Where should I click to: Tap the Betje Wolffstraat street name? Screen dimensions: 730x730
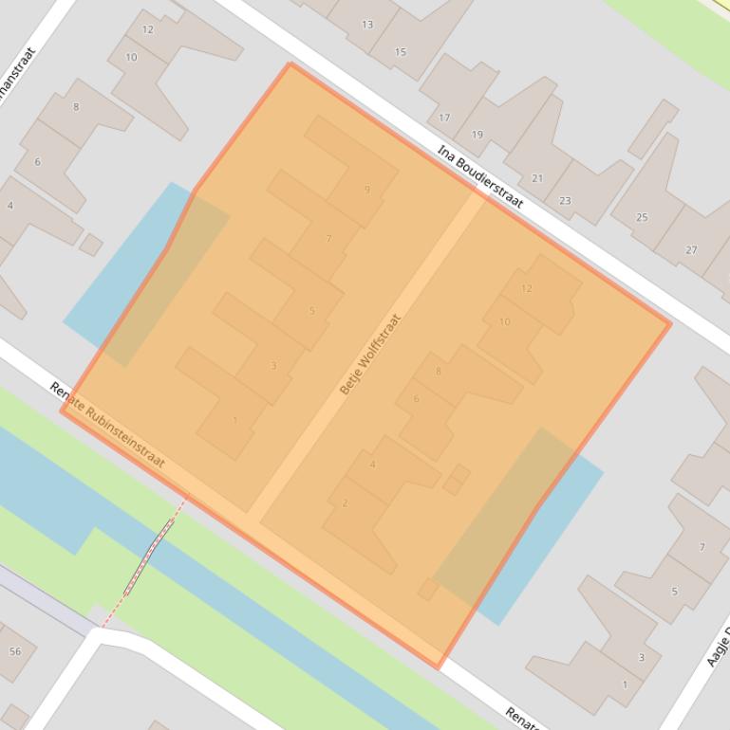pos(370,354)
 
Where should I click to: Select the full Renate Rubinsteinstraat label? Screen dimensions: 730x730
pos(107,427)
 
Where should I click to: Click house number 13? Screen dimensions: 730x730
pos(366,25)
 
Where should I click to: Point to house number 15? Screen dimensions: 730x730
pos(400,52)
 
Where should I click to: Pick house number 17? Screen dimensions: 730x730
pos(444,119)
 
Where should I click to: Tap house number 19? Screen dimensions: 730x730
pos(477,135)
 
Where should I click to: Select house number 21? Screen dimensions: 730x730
pos(537,178)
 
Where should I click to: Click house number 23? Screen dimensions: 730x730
pos(565,201)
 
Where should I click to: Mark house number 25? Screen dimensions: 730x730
pos(642,218)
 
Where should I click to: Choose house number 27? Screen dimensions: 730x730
pos(691,250)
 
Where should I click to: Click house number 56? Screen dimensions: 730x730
pos(15,651)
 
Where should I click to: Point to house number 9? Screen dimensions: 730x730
pos(366,190)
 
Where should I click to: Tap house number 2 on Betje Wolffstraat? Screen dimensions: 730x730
pos(345,503)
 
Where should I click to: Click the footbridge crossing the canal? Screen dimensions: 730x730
pos(152,554)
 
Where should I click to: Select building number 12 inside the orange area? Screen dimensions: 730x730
pos(527,288)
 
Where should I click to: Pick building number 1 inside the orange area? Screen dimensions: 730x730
pos(235,420)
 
